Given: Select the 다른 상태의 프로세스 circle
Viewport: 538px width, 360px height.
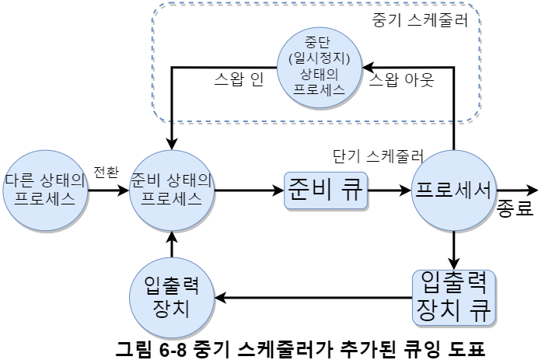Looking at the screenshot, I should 44,188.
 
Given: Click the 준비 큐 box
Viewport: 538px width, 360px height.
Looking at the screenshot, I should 326,189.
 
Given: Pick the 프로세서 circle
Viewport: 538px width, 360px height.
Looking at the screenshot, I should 453,189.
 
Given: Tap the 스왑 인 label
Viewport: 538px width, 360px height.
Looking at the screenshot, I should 239,80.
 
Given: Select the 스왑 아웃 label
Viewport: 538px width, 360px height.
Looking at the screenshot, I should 401,80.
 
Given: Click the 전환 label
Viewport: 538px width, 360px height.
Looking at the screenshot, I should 106,171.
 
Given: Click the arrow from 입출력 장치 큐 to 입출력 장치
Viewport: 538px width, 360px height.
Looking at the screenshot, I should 311,296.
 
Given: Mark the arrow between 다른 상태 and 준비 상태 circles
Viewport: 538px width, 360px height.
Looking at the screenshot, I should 108,189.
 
